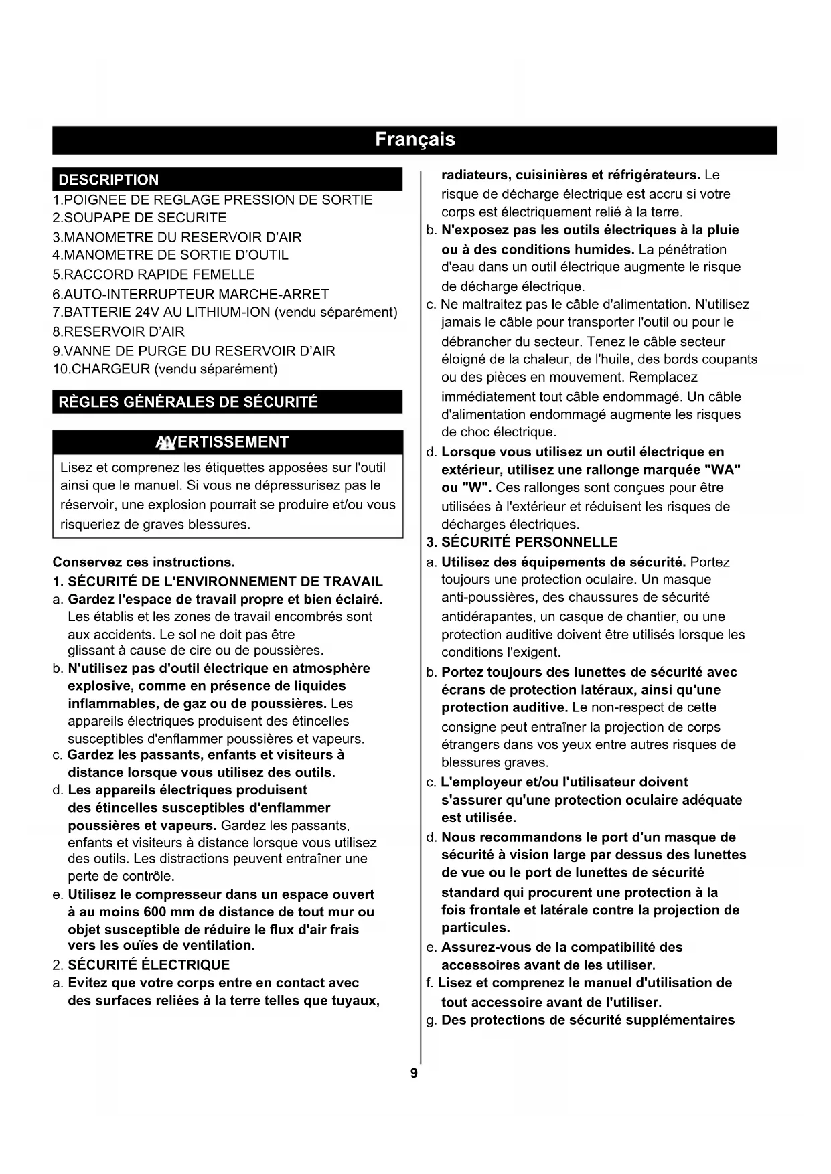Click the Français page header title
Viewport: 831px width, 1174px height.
tap(414, 139)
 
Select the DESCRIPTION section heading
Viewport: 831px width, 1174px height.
tap(109, 179)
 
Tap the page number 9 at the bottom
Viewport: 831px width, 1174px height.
tap(414, 1074)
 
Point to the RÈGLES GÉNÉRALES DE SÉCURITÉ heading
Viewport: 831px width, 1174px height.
tap(188, 402)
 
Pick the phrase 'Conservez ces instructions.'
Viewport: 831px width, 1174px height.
tap(144, 562)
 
